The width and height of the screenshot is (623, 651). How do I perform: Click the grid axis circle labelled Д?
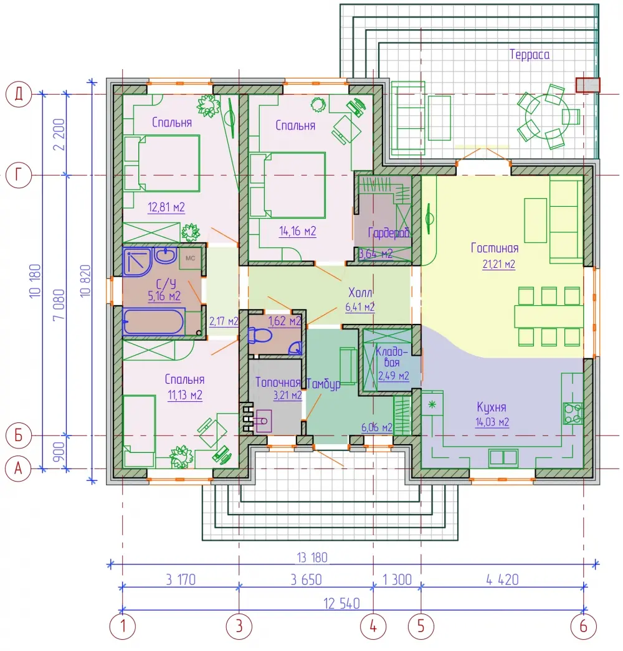click(x=19, y=94)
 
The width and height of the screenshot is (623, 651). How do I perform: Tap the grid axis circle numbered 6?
click(x=584, y=626)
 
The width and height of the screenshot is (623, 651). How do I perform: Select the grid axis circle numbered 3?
click(x=239, y=626)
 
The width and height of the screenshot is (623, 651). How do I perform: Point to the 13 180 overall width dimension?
click(x=312, y=557)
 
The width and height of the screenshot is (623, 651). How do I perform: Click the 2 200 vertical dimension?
click(x=59, y=134)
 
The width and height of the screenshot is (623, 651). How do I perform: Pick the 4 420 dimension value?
click(x=503, y=579)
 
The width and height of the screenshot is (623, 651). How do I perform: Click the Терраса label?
click(x=530, y=54)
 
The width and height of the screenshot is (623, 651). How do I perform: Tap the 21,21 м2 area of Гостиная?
click(x=499, y=265)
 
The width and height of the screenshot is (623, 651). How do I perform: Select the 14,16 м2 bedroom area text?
click(x=298, y=231)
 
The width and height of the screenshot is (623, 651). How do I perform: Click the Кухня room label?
click(x=492, y=407)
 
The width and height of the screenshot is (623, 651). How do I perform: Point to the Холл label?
click(x=360, y=293)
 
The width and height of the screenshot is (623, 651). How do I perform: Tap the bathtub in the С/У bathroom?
click(x=154, y=321)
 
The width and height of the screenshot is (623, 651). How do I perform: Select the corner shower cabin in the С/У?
click(x=137, y=262)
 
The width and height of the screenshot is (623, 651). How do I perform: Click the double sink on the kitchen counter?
click(x=503, y=457)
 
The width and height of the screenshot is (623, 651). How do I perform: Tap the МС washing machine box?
click(x=191, y=259)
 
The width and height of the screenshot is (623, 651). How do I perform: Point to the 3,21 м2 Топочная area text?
click(x=287, y=395)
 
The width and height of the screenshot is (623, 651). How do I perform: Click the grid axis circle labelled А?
click(x=18, y=468)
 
